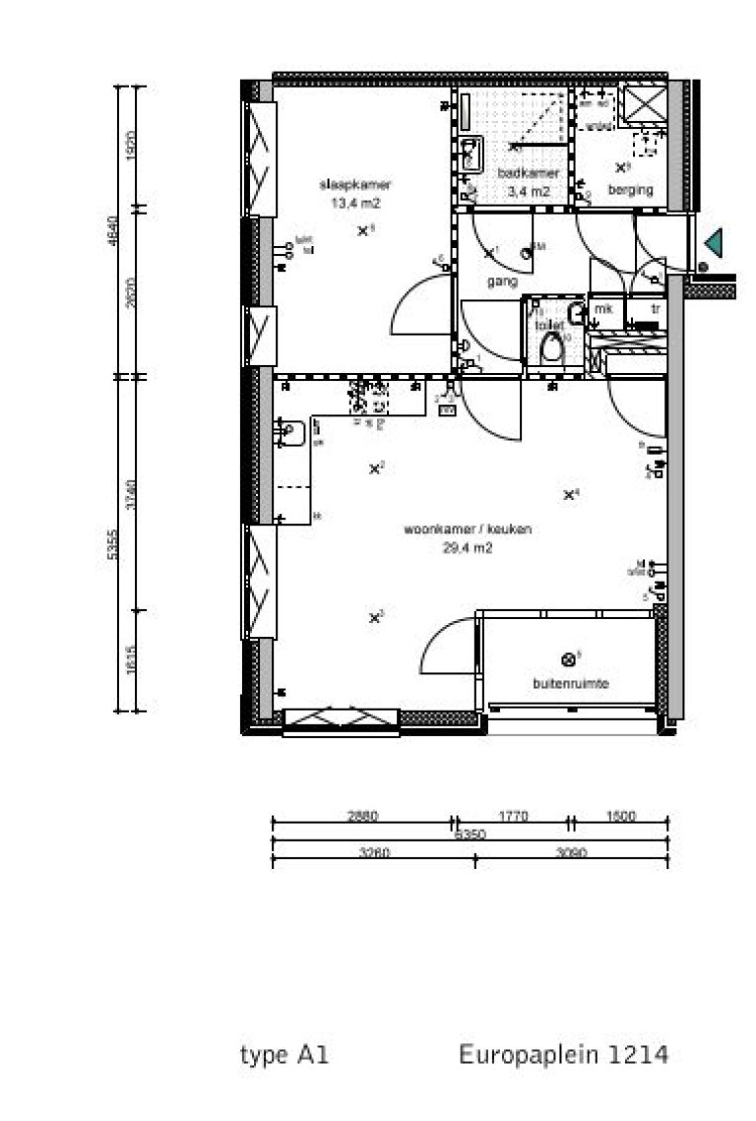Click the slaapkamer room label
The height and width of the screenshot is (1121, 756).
[x=355, y=184]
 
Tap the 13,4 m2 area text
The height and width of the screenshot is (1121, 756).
[x=355, y=203]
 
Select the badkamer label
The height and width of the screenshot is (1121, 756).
[x=528, y=173]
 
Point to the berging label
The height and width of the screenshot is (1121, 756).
[x=630, y=189]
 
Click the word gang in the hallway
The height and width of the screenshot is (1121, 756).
[x=502, y=280]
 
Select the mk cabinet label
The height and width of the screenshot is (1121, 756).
[x=602, y=309]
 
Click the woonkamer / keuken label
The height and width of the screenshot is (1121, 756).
[x=468, y=529]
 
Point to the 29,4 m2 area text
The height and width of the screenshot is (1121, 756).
[x=468, y=548]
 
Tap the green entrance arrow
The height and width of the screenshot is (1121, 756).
[x=711, y=240]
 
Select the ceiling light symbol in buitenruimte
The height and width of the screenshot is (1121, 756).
[x=568, y=659]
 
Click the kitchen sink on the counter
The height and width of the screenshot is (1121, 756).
[x=291, y=430]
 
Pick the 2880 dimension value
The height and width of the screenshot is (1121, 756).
[x=363, y=816]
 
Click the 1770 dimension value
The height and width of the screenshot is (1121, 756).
[x=513, y=816]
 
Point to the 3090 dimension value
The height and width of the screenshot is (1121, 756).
[x=571, y=853]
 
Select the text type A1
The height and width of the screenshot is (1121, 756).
[x=284, y=1056]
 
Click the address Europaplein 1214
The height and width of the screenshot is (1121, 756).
[x=563, y=1056]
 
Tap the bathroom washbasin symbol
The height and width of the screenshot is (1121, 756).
[x=471, y=153]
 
